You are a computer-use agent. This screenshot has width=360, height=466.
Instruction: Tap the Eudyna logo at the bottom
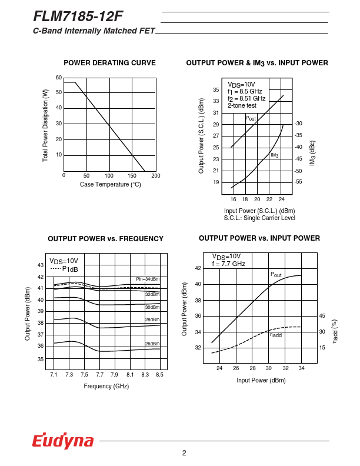point(63,441)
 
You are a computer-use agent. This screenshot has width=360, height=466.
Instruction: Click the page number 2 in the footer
point(184,452)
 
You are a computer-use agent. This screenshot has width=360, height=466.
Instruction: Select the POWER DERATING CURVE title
point(109,63)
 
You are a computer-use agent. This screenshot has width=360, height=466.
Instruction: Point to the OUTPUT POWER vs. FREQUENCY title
point(105,239)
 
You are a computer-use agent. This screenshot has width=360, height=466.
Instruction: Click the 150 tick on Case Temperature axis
point(132,176)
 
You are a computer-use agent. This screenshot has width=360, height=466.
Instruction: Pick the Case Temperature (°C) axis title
point(111,185)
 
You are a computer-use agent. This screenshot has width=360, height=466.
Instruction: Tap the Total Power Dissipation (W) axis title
point(45,125)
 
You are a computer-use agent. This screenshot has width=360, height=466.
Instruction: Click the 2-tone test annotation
point(242,106)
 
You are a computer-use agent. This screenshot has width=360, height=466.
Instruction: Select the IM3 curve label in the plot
point(275,155)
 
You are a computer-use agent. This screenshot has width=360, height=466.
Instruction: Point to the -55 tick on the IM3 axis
point(298,182)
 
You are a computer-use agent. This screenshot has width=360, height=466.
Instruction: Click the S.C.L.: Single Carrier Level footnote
point(259,218)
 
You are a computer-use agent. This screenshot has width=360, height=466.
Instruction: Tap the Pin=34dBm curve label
point(148,279)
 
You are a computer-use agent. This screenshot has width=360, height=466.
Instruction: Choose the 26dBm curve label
point(152,344)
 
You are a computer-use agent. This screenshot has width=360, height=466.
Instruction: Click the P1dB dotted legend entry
point(64,269)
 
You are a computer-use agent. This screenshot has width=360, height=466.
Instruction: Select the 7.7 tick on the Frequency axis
point(99,375)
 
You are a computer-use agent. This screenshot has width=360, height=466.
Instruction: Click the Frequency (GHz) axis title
point(106,386)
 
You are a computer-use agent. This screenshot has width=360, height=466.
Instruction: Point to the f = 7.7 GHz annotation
point(228,264)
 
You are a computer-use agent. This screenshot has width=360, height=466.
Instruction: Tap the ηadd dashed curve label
point(276,335)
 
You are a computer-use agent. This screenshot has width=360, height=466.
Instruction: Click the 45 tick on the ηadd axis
point(322,316)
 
